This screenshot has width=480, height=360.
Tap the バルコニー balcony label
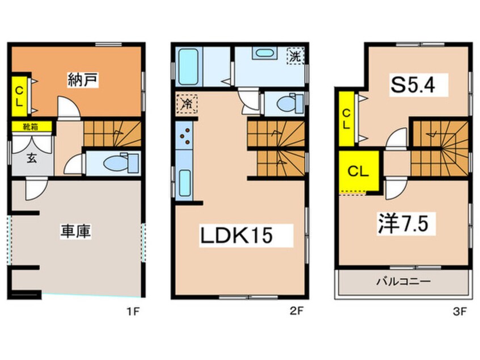(403, 281)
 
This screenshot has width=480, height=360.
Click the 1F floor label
(133, 311)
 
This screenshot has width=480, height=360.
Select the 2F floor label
(296, 311)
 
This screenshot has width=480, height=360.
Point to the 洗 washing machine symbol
(296, 56)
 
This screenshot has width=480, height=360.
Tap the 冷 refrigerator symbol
(186, 103)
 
